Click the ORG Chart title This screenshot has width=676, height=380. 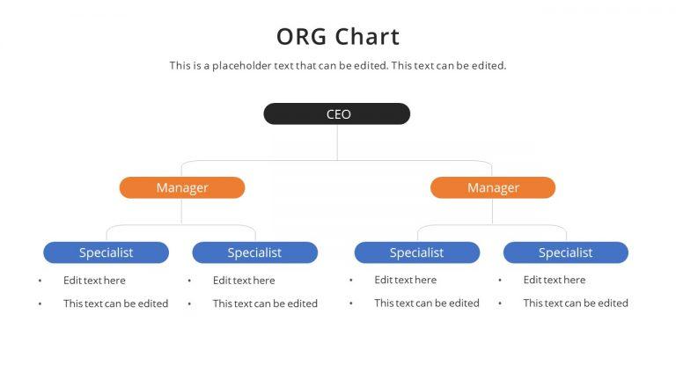coord(338,37)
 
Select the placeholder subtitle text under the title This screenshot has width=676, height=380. coord(338,66)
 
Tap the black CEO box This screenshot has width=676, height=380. coord(337,114)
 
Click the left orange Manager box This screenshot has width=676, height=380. coord(182,187)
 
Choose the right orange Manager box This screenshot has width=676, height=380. coord(493,187)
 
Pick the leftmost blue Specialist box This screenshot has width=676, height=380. coord(106,252)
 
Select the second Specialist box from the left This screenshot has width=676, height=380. coord(254,252)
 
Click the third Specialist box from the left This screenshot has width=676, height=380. coord(416,252)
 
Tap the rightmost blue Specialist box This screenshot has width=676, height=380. coord(565,252)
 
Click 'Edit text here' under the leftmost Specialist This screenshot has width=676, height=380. coord(94,281)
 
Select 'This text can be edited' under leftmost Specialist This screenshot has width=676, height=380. coord(115,303)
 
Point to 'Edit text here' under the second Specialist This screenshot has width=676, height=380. coord(244,281)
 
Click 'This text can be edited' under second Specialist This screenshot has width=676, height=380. coord(265,303)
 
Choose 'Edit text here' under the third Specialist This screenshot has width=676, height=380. coord(405,281)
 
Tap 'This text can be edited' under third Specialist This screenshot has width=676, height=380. coord(427,303)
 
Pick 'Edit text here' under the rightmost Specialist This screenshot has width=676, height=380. coord(554,281)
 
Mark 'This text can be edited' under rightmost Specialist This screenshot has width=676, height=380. coord(576,303)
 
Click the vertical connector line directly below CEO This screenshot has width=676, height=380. coord(337,142)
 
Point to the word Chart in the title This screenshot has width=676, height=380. coord(367,37)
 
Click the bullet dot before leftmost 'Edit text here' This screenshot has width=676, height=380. coord(40,281)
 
